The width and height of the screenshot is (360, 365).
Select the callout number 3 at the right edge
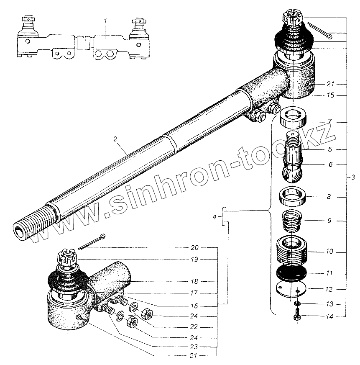352,177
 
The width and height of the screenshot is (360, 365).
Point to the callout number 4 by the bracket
214,217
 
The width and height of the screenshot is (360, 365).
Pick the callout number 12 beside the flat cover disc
329,289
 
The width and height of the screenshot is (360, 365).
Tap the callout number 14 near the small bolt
329,317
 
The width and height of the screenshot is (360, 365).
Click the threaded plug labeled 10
292,251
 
